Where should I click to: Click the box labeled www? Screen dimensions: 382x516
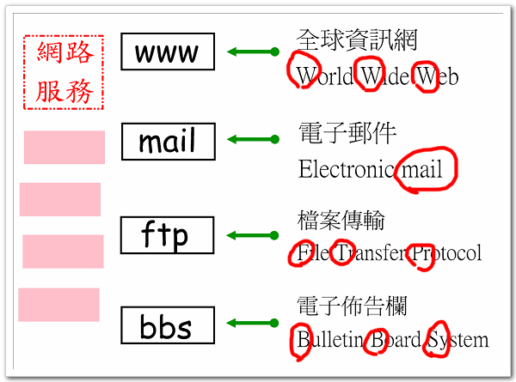click(167, 52)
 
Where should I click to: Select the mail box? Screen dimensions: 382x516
click(167, 141)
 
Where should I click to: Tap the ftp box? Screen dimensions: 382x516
click(167, 234)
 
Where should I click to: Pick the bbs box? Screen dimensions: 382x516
click(167, 326)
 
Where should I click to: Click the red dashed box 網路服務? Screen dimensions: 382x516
click(64, 72)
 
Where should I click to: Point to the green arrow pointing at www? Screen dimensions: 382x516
click(253, 52)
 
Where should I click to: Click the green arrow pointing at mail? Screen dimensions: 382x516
click(253, 139)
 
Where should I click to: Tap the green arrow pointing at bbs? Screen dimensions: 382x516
click(253, 324)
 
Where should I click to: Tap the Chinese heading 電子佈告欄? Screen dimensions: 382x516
click(352, 306)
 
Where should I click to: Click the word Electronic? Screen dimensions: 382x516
click(347, 169)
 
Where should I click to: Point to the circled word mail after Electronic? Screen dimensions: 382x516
click(421, 169)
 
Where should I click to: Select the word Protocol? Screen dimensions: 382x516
click(445, 253)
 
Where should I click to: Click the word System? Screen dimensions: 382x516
click(458, 340)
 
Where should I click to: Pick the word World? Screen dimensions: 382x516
click(325, 77)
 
